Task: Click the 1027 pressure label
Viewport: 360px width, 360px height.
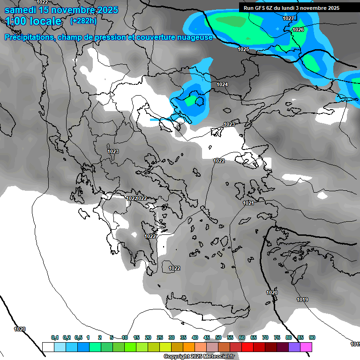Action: pyautogui.click(x=288, y=18)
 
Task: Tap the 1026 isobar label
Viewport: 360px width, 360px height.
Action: pyautogui.click(x=298, y=30)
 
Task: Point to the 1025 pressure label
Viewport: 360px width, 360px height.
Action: pyautogui.click(x=243, y=49)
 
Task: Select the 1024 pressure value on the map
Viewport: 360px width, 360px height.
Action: pyautogui.click(x=222, y=84)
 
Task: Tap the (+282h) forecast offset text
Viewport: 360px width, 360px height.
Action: pyautogui.click(x=83, y=21)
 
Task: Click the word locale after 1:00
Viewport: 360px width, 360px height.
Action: pyautogui.click(x=45, y=22)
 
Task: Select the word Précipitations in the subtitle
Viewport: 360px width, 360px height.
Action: pyautogui.click(x=30, y=37)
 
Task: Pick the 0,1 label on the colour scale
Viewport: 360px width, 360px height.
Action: pyautogui.click(x=55, y=337)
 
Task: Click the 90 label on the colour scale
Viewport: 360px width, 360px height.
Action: pyautogui.click(x=312, y=337)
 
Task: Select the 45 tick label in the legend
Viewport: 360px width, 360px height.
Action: pyautogui.click(x=207, y=337)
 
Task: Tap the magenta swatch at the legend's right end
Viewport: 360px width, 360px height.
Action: pyautogui.click(x=306, y=347)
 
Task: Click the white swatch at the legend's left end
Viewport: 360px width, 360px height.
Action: pyautogui.click(x=48, y=347)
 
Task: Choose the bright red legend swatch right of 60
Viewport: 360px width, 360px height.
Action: pyautogui.click(x=247, y=347)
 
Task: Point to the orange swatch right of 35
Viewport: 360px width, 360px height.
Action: pyautogui.click(x=189, y=347)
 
